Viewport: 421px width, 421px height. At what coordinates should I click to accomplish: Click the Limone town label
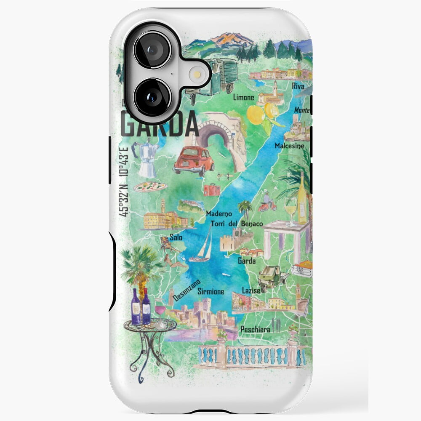tap(244, 98)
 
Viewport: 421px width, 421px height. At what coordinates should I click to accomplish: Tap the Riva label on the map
tap(298, 86)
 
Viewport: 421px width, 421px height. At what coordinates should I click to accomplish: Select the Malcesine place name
tap(288, 146)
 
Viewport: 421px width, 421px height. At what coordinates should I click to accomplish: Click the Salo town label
tap(176, 237)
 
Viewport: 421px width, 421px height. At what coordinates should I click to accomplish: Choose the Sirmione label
tap(210, 291)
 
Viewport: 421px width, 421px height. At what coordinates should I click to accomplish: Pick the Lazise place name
tap(251, 290)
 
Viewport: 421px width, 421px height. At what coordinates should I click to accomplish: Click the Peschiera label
tap(255, 330)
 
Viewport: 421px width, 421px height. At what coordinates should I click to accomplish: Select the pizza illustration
tap(150, 186)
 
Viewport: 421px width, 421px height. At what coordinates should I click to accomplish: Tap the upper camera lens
tap(152, 49)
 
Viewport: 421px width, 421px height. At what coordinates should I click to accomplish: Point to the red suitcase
tap(211, 189)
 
